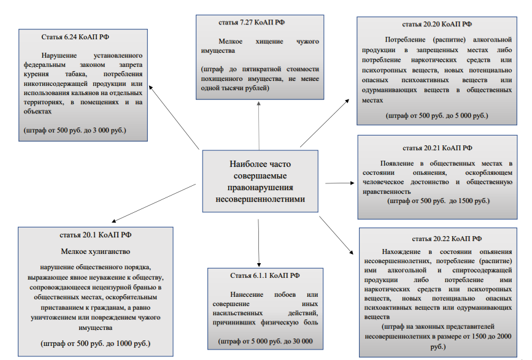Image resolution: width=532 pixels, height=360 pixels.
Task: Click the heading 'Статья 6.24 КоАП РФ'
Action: click(75, 37)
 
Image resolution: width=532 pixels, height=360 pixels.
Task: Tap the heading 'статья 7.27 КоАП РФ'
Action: click(252, 22)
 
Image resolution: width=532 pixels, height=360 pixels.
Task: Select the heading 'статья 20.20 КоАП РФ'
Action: click(437, 24)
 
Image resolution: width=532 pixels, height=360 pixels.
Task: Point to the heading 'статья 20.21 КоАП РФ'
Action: click(438, 148)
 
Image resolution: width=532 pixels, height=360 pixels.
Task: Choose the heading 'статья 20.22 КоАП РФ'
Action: click(447, 239)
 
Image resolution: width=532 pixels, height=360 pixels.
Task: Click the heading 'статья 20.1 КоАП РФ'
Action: click(95, 235)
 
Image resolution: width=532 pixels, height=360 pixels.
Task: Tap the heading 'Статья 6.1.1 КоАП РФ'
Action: click(264, 275)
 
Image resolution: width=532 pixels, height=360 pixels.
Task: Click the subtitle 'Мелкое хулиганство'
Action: click(95, 251)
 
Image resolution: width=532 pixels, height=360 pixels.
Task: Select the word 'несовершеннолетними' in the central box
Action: click(260, 199)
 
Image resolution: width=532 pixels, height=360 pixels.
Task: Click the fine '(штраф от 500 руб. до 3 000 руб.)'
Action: click(75, 130)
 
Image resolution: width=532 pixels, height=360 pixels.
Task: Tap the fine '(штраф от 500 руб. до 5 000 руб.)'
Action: click(437, 115)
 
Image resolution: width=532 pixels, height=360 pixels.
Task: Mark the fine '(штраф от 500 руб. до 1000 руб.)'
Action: click(95, 343)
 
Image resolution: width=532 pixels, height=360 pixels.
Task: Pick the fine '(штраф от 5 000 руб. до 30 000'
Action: click(265, 342)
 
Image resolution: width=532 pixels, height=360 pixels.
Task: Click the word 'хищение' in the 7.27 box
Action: click(269, 41)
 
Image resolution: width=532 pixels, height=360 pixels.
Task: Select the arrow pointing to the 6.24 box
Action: click(174, 118)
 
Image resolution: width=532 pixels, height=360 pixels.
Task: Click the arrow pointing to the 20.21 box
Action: click(339, 183)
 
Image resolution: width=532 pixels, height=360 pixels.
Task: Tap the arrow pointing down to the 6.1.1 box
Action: click(258, 243)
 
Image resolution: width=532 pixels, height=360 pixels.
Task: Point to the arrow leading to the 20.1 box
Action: click(153, 203)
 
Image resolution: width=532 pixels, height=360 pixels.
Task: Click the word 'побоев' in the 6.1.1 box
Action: click(285, 294)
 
